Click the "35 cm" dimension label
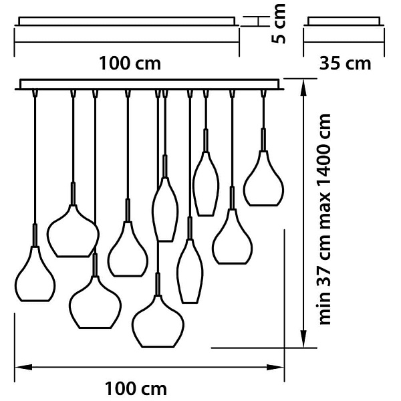point(345,63)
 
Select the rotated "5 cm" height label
point(278,23)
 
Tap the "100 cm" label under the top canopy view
point(130,63)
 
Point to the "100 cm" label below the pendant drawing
point(136,389)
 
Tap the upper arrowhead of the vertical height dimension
point(303,88)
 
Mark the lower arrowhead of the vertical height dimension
point(303,339)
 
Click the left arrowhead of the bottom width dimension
point(23,367)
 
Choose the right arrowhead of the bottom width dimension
point(275,367)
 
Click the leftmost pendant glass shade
point(35,273)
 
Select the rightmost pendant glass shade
point(263,178)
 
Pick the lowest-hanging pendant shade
point(158,321)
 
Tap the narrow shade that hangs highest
point(206,184)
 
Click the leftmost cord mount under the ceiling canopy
point(35,93)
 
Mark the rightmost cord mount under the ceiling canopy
point(263,93)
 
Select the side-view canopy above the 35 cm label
point(344,21)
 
